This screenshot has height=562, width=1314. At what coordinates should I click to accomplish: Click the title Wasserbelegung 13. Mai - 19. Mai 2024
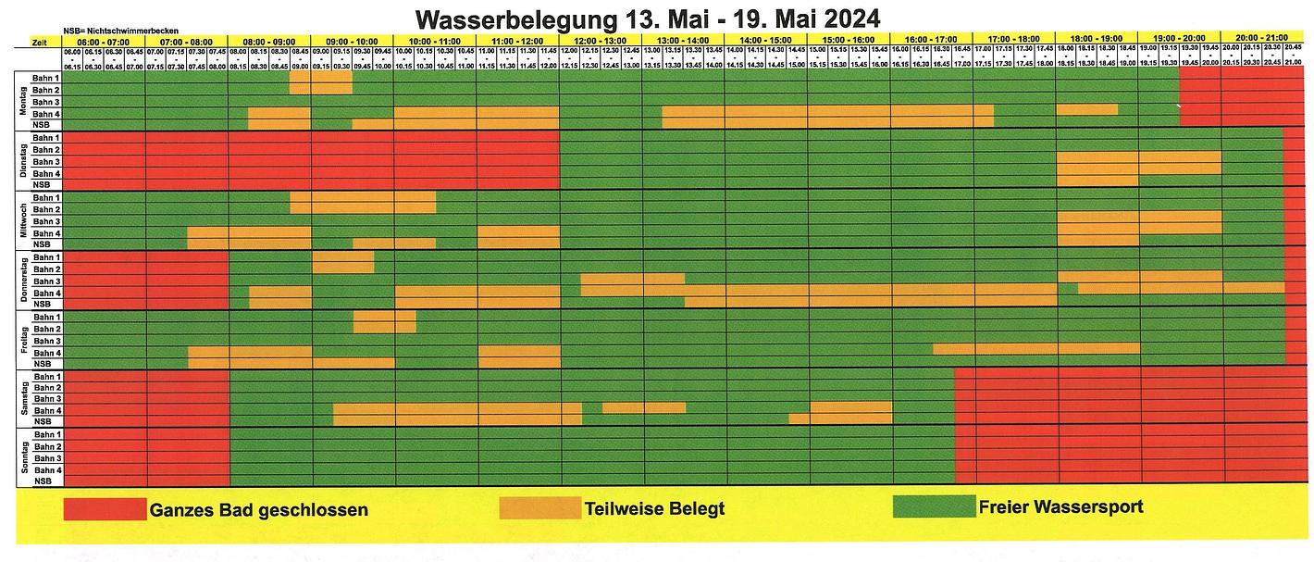tap(647, 19)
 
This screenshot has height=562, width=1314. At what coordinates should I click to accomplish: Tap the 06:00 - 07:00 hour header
tap(104, 41)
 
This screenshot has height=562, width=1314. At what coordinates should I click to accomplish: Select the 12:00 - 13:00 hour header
tap(600, 41)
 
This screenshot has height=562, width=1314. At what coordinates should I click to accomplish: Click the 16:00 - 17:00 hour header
tap(931, 41)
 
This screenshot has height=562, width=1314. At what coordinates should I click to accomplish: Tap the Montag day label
tap(22, 100)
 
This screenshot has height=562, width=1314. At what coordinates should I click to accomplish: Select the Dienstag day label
tap(22, 159)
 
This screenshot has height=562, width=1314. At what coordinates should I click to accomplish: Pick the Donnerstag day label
tap(22, 279)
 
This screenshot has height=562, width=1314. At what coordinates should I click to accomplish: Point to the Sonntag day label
tap(22, 457)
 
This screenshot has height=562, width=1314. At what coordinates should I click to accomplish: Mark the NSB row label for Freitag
tap(43, 364)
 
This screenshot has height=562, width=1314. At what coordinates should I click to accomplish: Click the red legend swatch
tap(105, 509)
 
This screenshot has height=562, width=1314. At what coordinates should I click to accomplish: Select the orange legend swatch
tap(540, 507)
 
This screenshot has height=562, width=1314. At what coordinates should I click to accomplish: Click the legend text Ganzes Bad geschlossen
tap(259, 510)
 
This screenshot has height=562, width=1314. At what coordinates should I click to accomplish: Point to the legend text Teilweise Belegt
tap(654, 508)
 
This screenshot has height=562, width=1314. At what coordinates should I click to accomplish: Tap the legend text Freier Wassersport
tap(1060, 507)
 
